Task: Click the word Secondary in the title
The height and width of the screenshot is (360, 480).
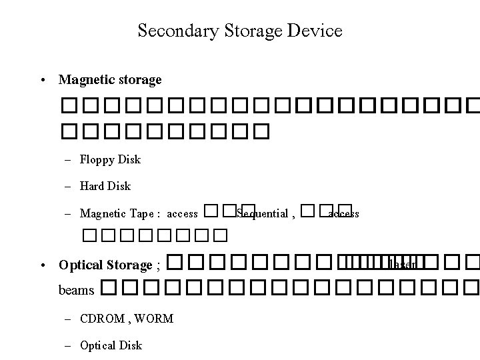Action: (x=168, y=31)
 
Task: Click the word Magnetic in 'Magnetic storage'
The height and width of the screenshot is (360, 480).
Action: (x=83, y=80)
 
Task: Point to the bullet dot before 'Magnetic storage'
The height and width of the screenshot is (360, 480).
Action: (x=42, y=81)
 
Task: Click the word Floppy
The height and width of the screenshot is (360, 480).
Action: (x=97, y=160)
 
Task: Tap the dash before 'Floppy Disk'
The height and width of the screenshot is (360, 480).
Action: (x=68, y=160)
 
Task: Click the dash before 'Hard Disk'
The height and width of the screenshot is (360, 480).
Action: (x=68, y=186)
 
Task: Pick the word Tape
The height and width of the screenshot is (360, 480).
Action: (x=144, y=213)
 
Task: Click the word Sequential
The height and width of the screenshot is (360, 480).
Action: (x=262, y=213)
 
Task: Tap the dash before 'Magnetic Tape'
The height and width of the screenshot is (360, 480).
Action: (x=68, y=213)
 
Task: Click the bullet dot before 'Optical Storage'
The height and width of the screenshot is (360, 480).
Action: (x=42, y=265)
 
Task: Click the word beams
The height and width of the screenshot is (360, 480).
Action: (x=76, y=291)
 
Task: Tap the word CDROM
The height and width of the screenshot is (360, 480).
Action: (x=102, y=319)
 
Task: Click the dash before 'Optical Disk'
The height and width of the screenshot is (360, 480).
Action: (x=68, y=345)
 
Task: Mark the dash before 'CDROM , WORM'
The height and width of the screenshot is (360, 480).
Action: (x=68, y=319)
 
